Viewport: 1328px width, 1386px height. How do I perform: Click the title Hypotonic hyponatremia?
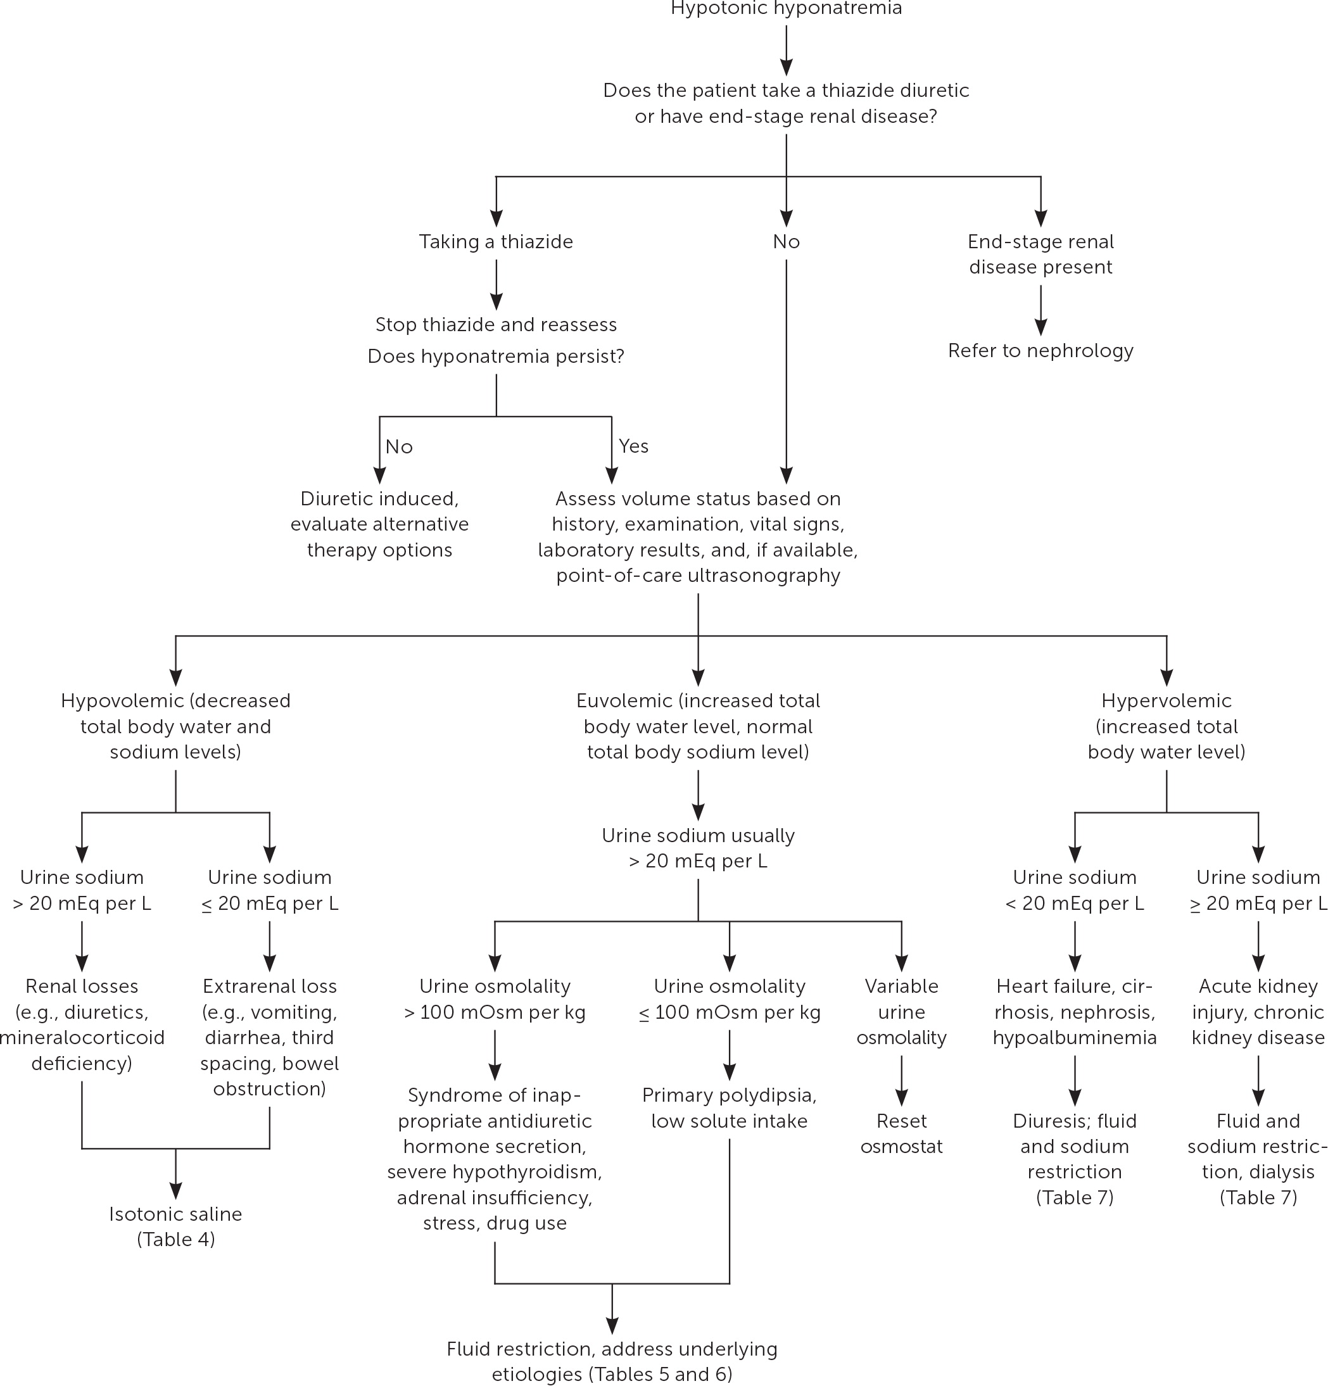[x=786, y=8]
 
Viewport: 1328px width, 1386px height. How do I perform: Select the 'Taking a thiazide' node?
[x=496, y=242]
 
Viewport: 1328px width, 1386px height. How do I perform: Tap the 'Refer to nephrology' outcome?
[x=1040, y=351]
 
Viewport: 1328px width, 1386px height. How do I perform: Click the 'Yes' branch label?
[x=633, y=446]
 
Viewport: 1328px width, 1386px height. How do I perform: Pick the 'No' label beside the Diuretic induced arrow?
[x=399, y=447]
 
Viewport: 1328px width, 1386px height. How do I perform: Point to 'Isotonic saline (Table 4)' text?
[x=176, y=1227]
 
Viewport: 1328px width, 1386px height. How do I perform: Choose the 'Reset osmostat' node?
[x=901, y=1133]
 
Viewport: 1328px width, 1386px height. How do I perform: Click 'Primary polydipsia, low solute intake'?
[x=729, y=1108]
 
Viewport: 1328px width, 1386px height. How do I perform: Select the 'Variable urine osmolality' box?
[x=901, y=1012]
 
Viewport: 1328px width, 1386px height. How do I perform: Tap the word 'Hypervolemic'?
[x=1166, y=701]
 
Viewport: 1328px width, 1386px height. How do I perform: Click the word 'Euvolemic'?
[x=624, y=701]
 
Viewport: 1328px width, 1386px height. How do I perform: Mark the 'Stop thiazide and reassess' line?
[x=496, y=325]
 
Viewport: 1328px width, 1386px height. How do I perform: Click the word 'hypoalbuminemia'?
[x=1074, y=1038]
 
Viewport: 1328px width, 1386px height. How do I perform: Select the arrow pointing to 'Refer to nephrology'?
[x=1040, y=311]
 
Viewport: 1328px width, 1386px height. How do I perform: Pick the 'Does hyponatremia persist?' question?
[x=496, y=356]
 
